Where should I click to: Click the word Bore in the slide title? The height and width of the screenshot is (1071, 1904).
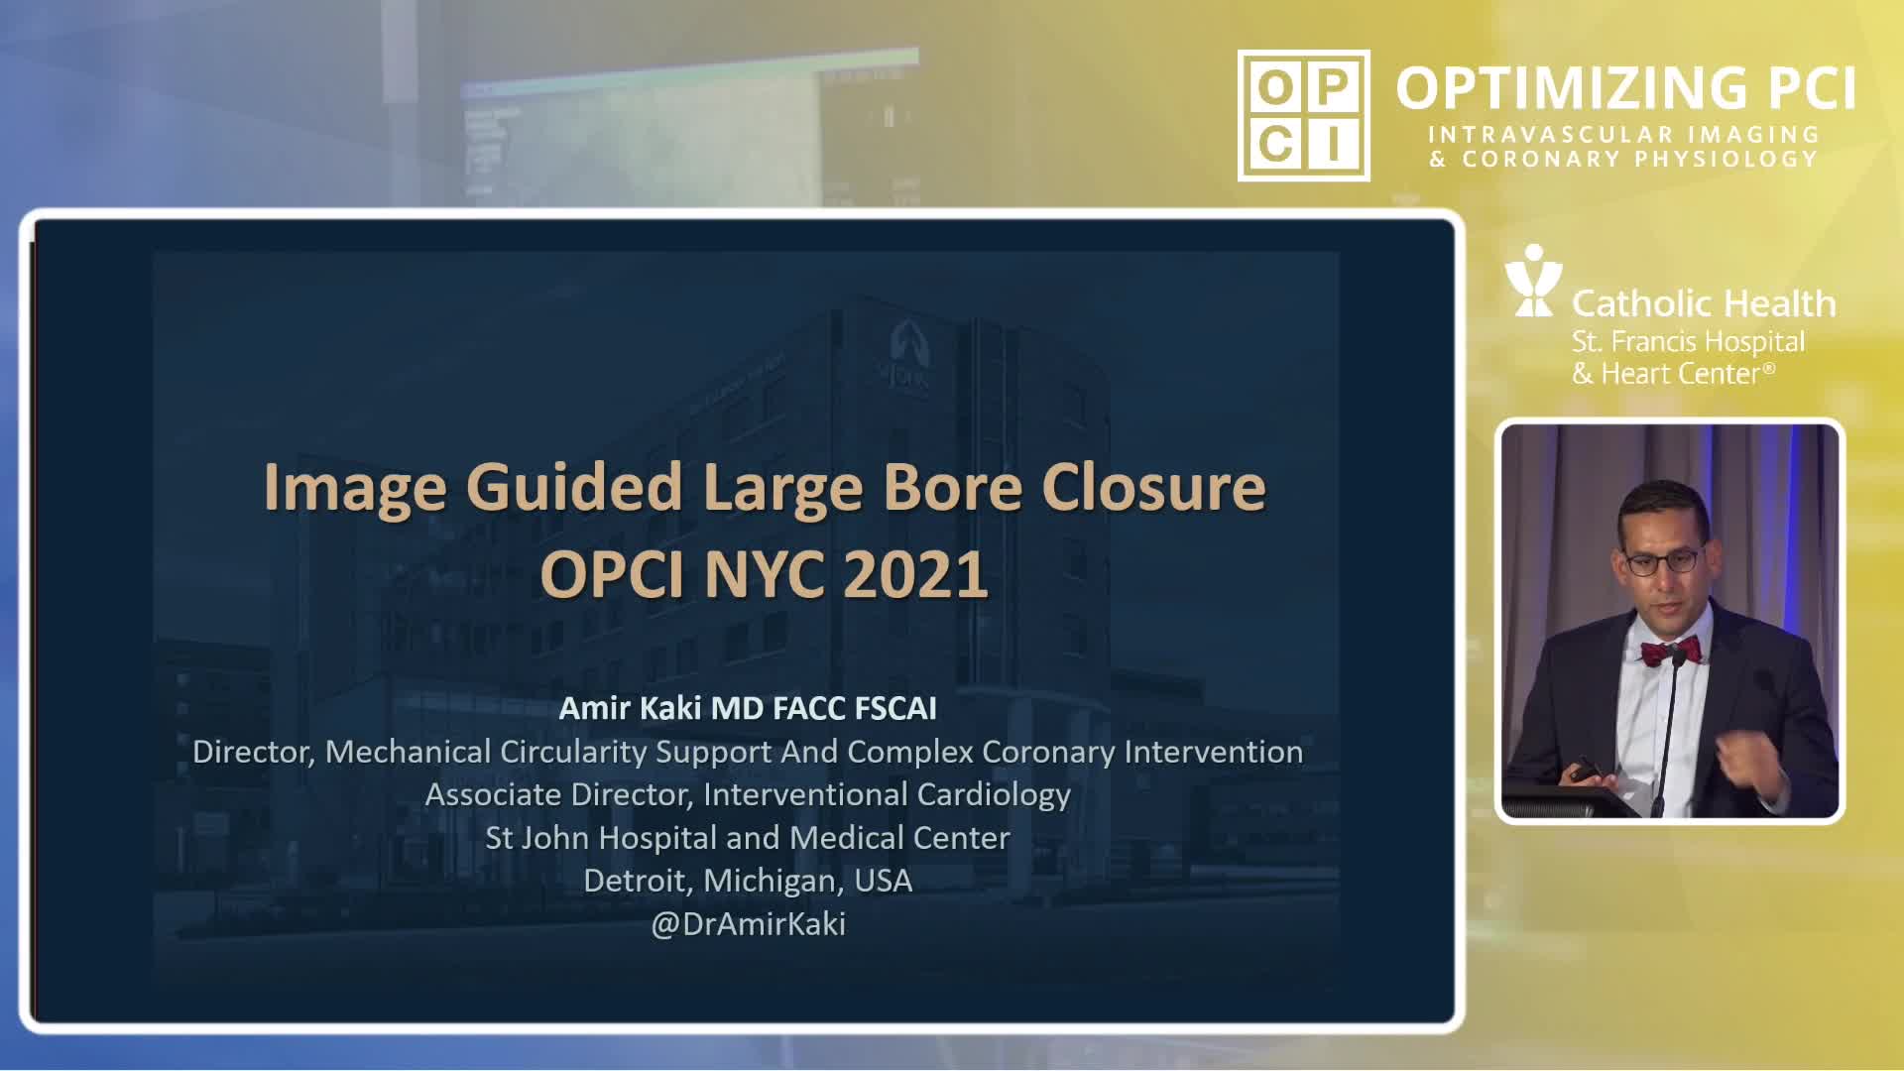pyautogui.click(x=952, y=487)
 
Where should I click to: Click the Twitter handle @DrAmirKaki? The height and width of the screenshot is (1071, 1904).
pyautogui.click(x=749, y=924)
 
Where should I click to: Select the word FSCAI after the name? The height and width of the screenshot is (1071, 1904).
pyautogui.click(x=895, y=708)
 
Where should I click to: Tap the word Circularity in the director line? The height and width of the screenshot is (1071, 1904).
pyautogui.click(x=573, y=752)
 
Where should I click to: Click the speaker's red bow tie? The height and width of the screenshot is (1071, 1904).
pyautogui.click(x=1670, y=652)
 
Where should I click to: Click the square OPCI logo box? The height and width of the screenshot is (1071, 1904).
pyautogui.click(x=1304, y=115)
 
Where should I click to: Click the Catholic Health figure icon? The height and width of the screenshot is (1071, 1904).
pyautogui.click(x=1533, y=281)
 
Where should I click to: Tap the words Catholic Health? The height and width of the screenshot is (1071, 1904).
pyautogui.click(x=1704, y=302)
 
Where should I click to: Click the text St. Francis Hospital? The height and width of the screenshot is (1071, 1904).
pyautogui.click(x=1688, y=342)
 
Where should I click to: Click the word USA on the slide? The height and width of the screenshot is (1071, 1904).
pyautogui.click(x=883, y=881)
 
